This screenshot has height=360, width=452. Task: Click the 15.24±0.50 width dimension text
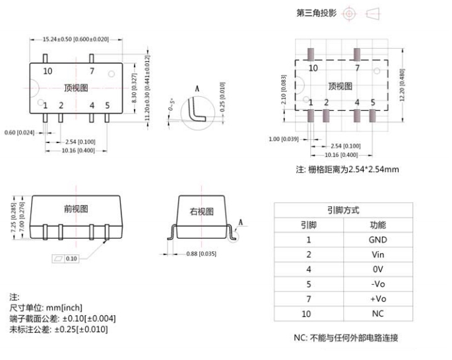tap(75, 40)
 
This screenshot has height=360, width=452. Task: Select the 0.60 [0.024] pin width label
tap(19, 132)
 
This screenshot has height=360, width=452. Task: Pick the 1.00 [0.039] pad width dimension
tap(284, 138)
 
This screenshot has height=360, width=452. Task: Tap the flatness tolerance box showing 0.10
tap(66, 258)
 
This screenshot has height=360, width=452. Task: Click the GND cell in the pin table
tap(377, 240)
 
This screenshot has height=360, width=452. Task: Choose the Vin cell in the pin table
tap(377, 255)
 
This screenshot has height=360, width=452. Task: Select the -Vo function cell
tap(377, 284)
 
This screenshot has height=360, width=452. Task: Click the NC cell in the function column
tap(377, 313)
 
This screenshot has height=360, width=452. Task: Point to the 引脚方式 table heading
tap(343, 210)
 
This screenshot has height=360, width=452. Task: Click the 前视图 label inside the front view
tap(76, 209)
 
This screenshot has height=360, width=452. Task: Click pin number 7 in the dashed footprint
tap(357, 68)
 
